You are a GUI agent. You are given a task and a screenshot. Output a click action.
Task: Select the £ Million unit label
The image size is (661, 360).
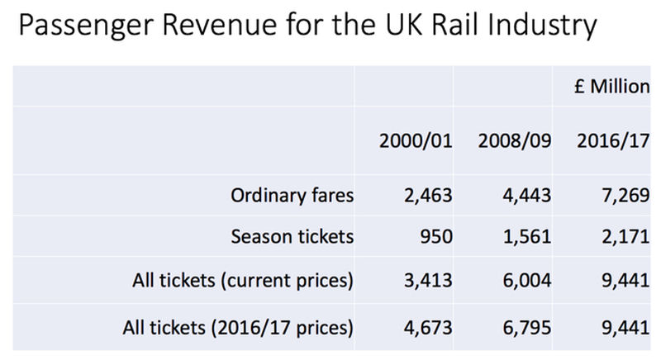612,87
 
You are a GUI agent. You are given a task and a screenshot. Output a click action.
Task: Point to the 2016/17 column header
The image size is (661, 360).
612,140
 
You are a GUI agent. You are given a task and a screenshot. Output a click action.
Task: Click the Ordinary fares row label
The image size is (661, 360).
293,197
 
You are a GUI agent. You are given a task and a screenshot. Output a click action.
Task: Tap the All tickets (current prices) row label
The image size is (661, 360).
243,281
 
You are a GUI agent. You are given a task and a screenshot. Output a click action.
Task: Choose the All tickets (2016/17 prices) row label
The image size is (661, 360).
243,326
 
